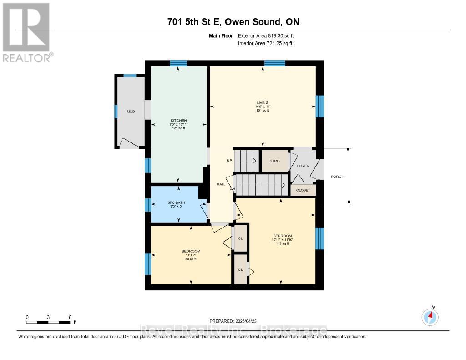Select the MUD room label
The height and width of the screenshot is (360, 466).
pyautogui.click(x=131, y=111)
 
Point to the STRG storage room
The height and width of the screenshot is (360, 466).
pyautogui.click(x=274, y=161)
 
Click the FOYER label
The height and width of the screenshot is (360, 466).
pyautogui.click(x=303, y=166)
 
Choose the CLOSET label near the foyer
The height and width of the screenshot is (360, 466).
pyautogui.click(x=303, y=190)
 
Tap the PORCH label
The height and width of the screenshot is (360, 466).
pyautogui.click(x=338, y=177)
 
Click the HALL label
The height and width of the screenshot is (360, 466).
pyautogui.click(x=221, y=184)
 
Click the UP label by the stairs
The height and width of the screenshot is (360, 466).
pyautogui.click(x=229, y=161)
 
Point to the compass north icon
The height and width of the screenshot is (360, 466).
pyautogui.click(x=430, y=316)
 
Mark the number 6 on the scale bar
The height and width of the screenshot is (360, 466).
pyautogui.click(x=70, y=317)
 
